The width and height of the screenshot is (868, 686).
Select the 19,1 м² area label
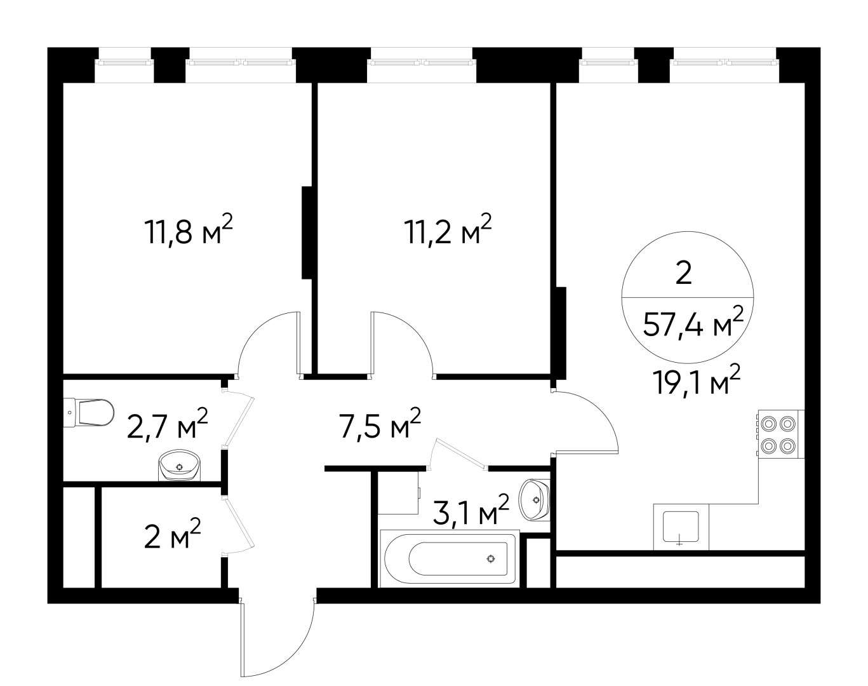pos(698,380)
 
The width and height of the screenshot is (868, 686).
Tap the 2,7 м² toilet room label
pos(167,424)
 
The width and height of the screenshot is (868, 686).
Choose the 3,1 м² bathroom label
pos(471,511)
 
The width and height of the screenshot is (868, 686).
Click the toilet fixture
pos(89,412)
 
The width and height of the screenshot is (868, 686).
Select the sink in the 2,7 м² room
pos(180,465)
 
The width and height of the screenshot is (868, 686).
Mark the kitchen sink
pos(681,527)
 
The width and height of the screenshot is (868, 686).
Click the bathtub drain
pos(490,558)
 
